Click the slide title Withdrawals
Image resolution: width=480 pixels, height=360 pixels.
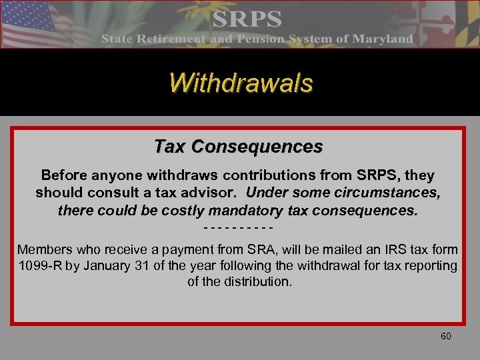click(x=240, y=83)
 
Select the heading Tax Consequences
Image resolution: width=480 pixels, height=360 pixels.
click(x=238, y=146)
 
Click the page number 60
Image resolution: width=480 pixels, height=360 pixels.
click(x=445, y=336)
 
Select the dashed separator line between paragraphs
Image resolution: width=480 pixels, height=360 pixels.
click(x=238, y=227)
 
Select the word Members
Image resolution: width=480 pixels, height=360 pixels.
click(x=43, y=250)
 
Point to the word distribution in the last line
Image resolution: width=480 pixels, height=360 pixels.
click(x=256, y=282)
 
